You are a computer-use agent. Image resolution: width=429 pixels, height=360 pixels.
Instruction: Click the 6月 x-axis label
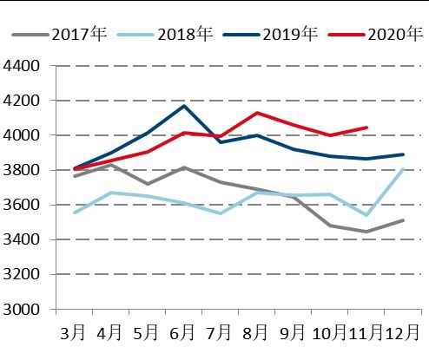click(x=182, y=333)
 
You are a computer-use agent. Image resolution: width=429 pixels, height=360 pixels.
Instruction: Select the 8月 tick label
click(x=255, y=333)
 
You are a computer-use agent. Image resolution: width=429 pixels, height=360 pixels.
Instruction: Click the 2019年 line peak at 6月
click(x=183, y=106)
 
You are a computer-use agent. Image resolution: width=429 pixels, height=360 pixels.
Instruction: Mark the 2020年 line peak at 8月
click(x=256, y=113)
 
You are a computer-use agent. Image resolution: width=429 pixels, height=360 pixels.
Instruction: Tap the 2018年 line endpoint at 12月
click(x=402, y=169)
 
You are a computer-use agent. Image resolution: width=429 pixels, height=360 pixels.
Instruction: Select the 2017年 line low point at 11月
click(x=366, y=232)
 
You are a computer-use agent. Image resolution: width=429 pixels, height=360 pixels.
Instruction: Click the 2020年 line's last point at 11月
click(x=366, y=128)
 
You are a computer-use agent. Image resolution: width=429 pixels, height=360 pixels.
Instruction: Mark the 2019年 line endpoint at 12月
click(x=402, y=154)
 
